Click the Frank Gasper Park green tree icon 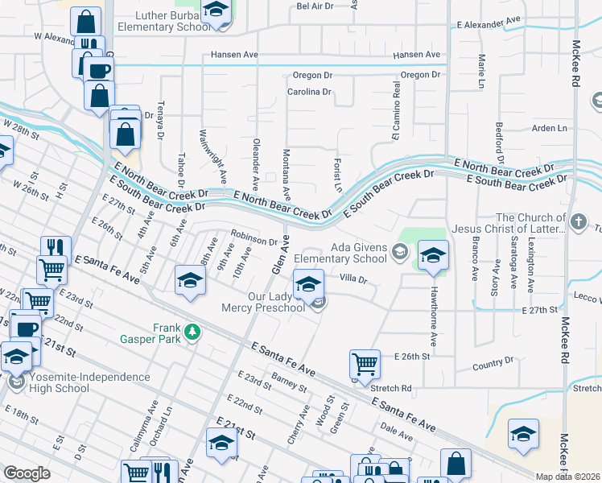[x=192, y=331]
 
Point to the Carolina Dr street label [x=310, y=92]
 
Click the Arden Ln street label [x=550, y=128]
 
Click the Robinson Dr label [x=254, y=237]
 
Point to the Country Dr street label [x=493, y=364]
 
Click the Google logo [x=27, y=473]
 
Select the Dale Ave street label [x=397, y=435]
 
